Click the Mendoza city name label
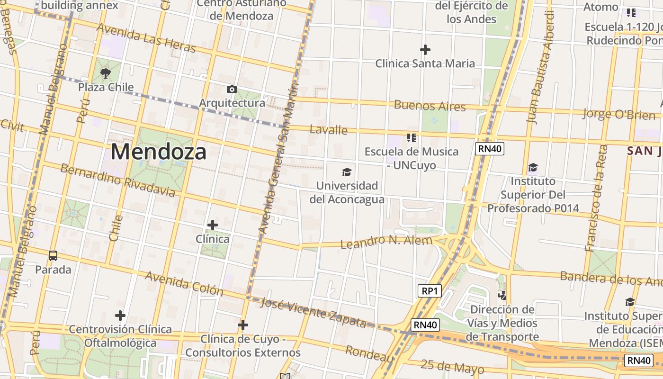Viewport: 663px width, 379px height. (159, 152)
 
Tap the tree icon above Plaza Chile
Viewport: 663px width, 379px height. (106, 73)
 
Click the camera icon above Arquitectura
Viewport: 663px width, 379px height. (232, 89)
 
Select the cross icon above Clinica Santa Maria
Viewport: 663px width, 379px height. (425, 49)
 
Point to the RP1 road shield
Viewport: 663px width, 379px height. (430, 291)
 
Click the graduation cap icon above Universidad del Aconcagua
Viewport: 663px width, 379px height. (347, 172)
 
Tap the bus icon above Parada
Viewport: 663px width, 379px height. (53, 256)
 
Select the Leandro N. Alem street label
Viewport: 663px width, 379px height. (386, 242)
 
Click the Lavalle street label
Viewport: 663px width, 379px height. (328, 129)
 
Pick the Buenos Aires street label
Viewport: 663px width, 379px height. (430, 105)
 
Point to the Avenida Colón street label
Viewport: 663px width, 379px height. (184, 283)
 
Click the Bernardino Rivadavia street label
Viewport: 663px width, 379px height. (117, 180)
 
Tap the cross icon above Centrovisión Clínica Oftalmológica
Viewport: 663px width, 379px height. (120, 315)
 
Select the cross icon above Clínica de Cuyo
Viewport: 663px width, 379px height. (243, 325)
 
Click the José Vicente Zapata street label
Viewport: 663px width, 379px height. (313, 313)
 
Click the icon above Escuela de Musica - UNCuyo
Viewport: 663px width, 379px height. (411, 138)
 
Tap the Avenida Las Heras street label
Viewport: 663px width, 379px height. (146, 37)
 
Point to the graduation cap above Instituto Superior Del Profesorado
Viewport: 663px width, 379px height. (533, 167)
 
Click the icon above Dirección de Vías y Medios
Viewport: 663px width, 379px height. (502, 296)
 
